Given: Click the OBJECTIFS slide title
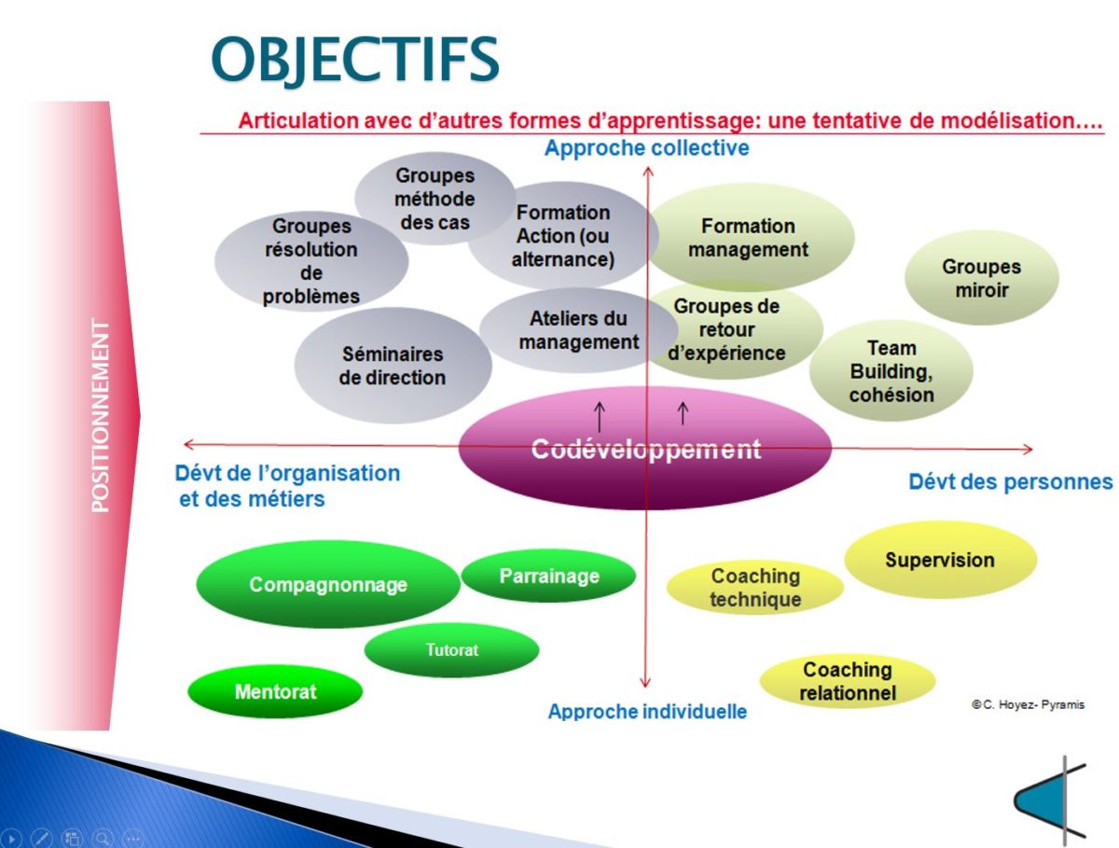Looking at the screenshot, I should (355, 59).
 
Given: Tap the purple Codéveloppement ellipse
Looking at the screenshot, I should (645, 449).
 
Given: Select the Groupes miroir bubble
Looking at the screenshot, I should (981, 278).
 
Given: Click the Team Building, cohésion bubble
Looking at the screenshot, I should (891, 371).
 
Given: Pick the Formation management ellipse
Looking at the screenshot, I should (749, 238).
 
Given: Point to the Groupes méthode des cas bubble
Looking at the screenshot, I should (434, 199).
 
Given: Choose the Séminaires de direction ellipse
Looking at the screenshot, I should (393, 366).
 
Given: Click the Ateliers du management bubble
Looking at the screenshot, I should (578, 330).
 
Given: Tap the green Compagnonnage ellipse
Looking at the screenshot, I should (328, 585).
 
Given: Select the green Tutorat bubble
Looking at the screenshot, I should (451, 650).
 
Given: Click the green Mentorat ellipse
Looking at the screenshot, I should (275, 691).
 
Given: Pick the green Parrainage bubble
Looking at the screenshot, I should (548, 576).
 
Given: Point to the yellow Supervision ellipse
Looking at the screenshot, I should (940, 560).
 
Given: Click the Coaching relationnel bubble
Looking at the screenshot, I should (848, 681).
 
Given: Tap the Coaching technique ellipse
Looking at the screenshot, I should (755, 588).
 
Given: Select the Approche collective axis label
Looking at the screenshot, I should (646, 148).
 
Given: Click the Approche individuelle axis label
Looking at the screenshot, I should (647, 712).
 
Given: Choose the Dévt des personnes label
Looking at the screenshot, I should (1010, 482).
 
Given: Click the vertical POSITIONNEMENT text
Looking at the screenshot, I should (101, 415).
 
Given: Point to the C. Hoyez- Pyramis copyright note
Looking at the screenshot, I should (1028, 705).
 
